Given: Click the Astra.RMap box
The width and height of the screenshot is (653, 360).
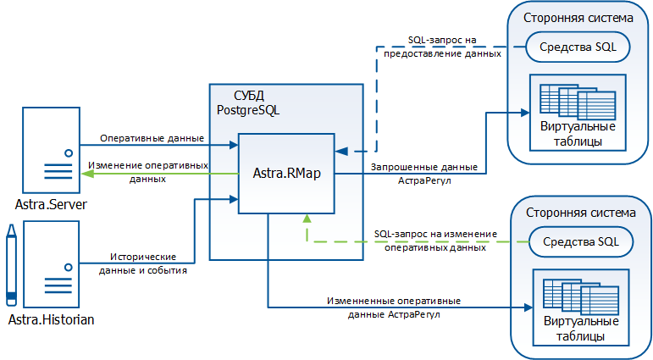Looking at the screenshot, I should pos(286,174).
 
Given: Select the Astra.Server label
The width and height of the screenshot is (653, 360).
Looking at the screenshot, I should pos(52,205).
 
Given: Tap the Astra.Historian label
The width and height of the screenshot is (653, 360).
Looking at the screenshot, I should pos(52,319).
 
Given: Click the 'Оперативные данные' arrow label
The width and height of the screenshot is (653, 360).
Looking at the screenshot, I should pos(152,138).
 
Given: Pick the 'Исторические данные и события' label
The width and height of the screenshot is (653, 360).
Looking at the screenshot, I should pos(145,263).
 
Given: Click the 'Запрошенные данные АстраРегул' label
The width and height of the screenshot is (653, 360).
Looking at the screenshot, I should pos(423,173).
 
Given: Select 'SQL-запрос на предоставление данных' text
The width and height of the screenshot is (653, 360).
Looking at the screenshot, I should pos(442,47).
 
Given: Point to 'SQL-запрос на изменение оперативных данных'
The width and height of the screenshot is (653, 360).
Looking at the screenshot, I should pos(435,241).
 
